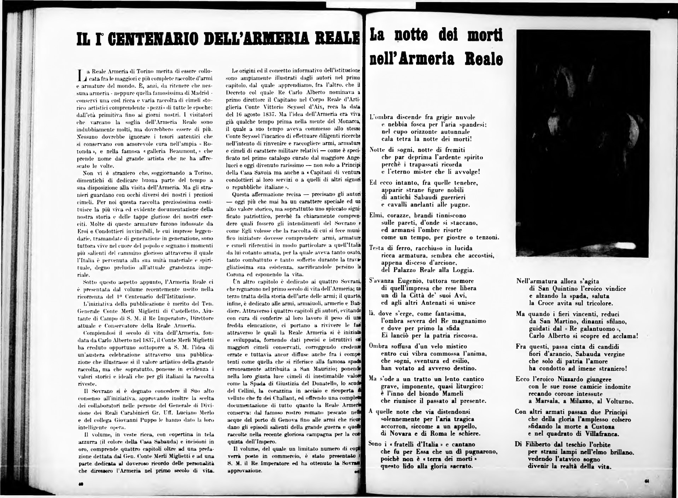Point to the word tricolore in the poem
point(597,303)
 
